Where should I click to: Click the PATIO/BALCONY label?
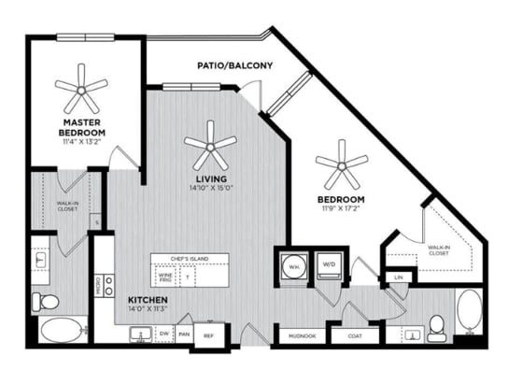click(234, 66)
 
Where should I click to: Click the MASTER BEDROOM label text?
click(83, 128)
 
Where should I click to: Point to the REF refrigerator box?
click(208, 334)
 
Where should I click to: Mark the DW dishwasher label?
click(164, 333)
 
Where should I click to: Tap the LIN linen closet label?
click(399, 277)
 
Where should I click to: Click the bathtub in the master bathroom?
click(59, 330)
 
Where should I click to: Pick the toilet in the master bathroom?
click(46, 301)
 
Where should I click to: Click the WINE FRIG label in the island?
click(166, 276)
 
